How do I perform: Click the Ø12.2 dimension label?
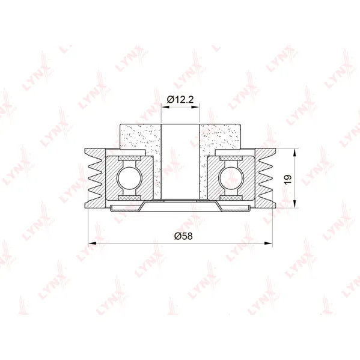click(180, 99)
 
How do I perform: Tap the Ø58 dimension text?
click(183, 236)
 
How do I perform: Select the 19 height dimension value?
click(288, 179)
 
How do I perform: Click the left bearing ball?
click(129, 178)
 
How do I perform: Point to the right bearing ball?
click(230, 178)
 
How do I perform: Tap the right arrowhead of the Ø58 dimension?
click(269, 243)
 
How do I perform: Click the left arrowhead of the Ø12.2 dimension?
click(165, 107)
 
